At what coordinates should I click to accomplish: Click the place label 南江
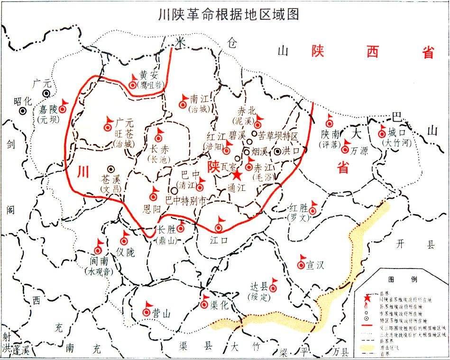click(x=199, y=99)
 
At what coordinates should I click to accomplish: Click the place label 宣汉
click(x=315, y=265)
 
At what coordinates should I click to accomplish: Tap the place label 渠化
click(x=219, y=305)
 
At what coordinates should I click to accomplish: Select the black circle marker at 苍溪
click(x=111, y=169)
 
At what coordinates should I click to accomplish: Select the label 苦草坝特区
click(x=279, y=135)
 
